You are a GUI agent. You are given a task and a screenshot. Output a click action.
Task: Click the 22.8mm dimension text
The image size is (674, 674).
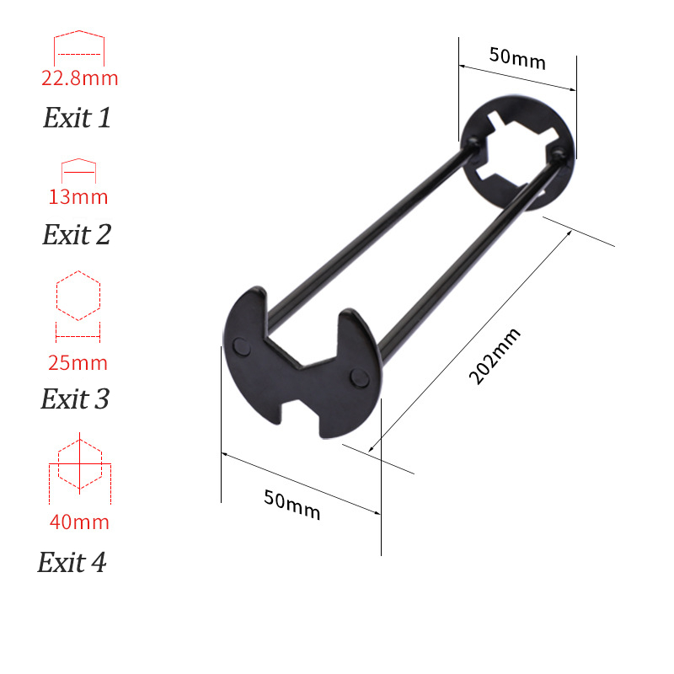point(79,78)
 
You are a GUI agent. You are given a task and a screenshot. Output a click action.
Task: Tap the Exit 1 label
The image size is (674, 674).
point(77,117)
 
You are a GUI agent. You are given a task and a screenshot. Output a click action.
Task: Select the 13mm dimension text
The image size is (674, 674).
point(78,197)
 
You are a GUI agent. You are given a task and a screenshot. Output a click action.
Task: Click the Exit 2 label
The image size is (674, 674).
point(77,234)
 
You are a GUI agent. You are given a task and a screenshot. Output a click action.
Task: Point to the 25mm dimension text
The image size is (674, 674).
point(78,363)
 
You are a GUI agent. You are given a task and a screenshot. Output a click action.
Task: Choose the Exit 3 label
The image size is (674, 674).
point(75,399)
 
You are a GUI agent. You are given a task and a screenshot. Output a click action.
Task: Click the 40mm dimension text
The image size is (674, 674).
point(79,522)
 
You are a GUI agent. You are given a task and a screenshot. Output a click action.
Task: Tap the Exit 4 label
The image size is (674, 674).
point(72,562)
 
